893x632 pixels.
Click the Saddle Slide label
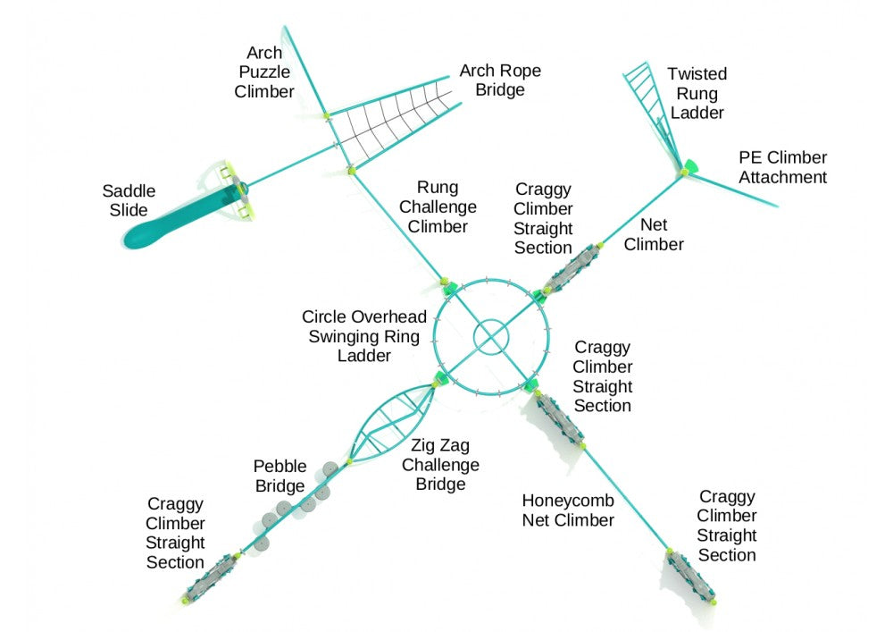(129, 200)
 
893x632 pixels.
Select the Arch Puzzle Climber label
(264, 72)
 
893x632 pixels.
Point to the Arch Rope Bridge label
(500, 80)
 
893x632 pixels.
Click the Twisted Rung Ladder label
(697, 93)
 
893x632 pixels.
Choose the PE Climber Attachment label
(782, 167)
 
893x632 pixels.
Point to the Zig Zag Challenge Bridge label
(440, 465)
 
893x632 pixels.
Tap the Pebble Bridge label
(280, 476)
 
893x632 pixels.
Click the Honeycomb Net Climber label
(568, 510)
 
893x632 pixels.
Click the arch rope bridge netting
(393, 130)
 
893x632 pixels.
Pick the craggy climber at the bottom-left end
(213, 577)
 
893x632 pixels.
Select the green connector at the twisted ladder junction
(689, 166)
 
